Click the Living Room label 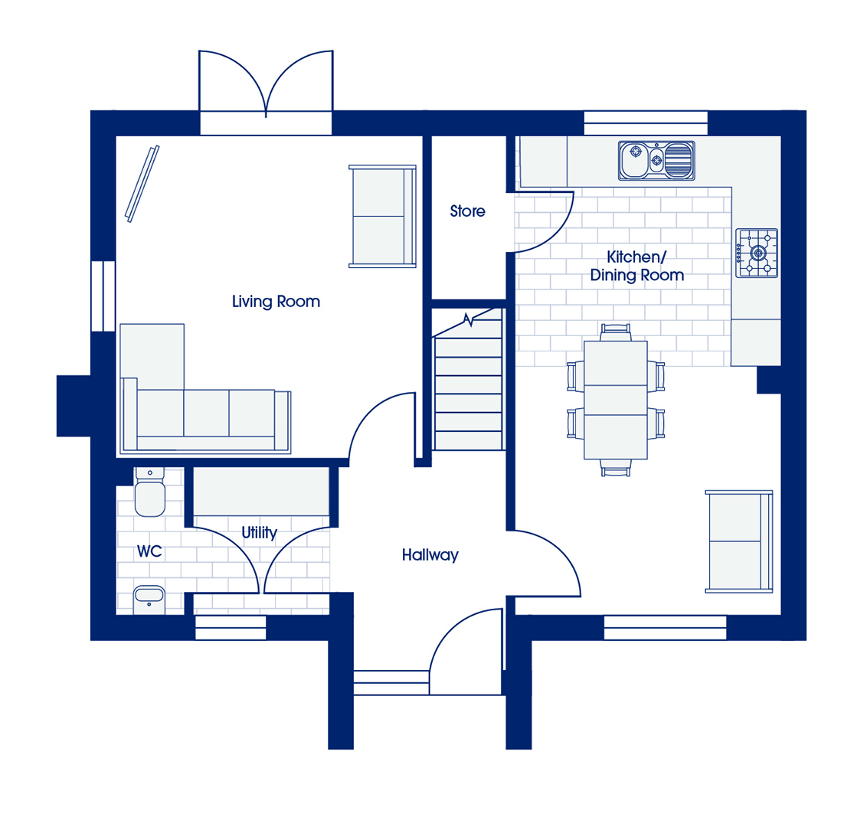coord(276,302)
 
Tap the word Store coord(467,211)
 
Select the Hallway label coord(430,555)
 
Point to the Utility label coord(260,532)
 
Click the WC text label coord(149,551)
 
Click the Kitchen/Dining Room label coord(637,266)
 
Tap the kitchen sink coord(656,161)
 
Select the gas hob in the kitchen coord(757,253)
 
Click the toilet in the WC coord(149,492)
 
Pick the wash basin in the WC coord(149,600)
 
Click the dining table coord(616,400)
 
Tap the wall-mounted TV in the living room coord(142,184)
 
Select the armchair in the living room coord(383,216)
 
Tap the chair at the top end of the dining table coord(616,332)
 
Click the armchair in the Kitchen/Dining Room coord(739,541)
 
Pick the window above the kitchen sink coord(646,123)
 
